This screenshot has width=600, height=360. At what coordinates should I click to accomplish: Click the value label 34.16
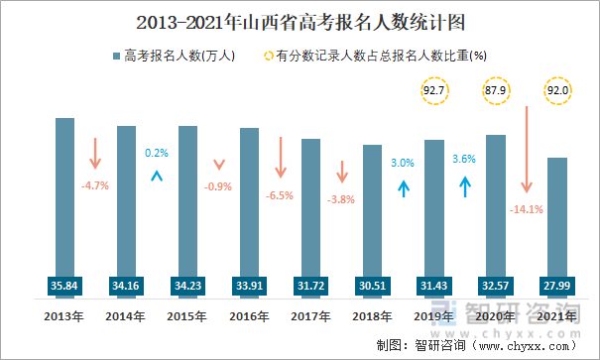coord(126,286)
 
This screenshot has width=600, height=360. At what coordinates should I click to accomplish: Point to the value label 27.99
coord(556,286)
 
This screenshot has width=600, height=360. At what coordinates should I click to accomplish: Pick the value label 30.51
coord(372,286)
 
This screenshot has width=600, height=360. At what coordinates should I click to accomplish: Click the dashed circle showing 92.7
coord(433,91)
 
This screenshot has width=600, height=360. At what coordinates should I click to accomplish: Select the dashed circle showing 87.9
coord(495,91)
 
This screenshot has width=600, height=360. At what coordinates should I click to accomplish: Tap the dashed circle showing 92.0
coord(556,91)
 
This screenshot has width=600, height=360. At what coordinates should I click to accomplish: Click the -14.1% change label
coord(525,209)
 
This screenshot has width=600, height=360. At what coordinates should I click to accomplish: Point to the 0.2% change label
coord(157,153)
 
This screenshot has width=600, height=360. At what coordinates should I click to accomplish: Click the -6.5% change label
coord(280,195)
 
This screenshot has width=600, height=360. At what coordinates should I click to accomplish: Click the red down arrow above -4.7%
coord(95,154)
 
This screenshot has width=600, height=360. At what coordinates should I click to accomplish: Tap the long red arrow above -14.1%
coord(526,150)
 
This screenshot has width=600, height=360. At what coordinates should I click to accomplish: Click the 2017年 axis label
coord(310,316)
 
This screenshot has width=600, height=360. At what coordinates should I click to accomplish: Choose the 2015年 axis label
coord(187,316)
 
